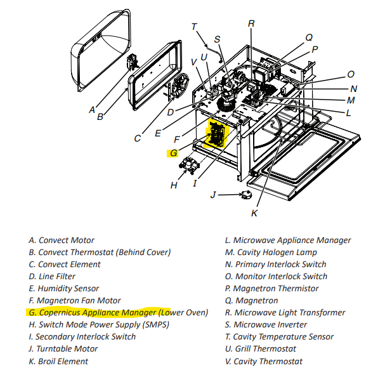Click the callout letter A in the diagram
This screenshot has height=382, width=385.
click(x=93, y=109)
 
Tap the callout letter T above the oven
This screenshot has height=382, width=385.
click(x=195, y=27)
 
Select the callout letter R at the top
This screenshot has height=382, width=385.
click(x=251, y=23)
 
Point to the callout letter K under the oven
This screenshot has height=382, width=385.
click(x=254, y=213)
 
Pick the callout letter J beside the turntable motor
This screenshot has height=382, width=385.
click(x=214, y=194)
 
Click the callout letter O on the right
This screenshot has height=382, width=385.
click(x=351, y=74)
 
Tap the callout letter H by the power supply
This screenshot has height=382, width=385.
click(x=174, y=185)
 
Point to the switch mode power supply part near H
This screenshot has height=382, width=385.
click(x=189, y=167)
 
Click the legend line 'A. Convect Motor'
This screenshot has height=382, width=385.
click(x=62, y=240)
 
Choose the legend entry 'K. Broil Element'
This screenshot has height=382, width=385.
click(x=58, y=361)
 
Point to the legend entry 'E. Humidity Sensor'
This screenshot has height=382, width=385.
click(x=63, y=289)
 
